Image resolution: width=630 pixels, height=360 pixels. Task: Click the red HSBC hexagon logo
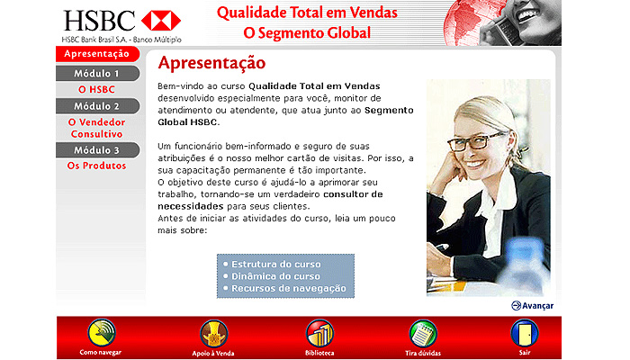[161, 21]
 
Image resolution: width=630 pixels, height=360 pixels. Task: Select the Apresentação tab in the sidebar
[97, 54]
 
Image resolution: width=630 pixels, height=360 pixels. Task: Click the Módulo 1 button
[97, 74]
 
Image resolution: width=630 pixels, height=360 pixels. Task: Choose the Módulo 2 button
[97, 106]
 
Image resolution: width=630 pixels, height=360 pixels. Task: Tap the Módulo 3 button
[97, 150]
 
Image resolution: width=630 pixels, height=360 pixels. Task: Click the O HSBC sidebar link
[96, 90]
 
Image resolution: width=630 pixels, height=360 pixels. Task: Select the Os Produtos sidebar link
[96, 166]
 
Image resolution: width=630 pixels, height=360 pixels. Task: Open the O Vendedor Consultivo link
[96, 128]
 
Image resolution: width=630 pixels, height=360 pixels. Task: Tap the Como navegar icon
[102, 333]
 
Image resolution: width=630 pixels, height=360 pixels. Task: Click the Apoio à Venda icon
[214, 334]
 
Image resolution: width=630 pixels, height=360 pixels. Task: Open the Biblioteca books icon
[319, 334]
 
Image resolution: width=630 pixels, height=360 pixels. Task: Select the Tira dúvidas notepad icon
[423, 334]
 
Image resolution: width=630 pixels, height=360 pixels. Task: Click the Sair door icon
[525, 334]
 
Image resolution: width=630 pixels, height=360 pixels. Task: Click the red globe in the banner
[464, 22]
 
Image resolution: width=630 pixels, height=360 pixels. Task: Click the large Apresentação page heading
[211, 63]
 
